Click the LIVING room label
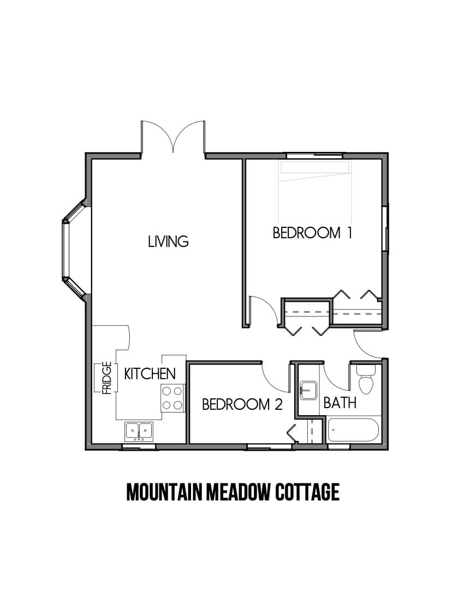pyautogui.click(x=168, y=241)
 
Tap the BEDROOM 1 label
pyautogui.click(x=312, y=233)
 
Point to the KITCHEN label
pyautogui.click(x=150, y=374)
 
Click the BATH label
pyautogui.click(x=340, y=403)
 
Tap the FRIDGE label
pyautogui.click(x=106, y=378)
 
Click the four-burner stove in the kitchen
pyautogui.click(x=172, y=398)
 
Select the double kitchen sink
pyautogui.click(x=139, y=431)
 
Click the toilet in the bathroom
pyautogui.click(x=365, y=379)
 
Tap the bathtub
pyautogui.click(x=353, y=430)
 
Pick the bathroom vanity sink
pyautogui.click(x=308, y=391)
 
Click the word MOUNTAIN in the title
pyautogui.click(x=164, y=492)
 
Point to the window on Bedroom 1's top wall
pyautogui.click(x=315, y=156)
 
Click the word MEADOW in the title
pyautogui.click(x=238, y=492)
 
